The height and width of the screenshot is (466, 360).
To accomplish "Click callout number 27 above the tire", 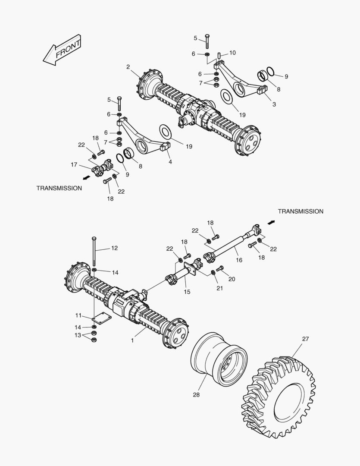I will coord(305,339).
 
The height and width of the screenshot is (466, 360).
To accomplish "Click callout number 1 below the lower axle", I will coord(133,340).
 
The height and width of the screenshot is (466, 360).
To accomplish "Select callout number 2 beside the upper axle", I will coord(128,66).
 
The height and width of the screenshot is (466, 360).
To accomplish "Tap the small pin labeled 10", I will coord(219,56).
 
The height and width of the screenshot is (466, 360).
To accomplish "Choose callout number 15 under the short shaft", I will coord(187,292).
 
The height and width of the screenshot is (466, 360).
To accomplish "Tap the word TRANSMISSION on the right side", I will coord(300,211).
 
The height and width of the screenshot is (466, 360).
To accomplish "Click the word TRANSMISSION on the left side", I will coord(59,188).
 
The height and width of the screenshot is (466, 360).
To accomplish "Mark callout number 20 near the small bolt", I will coord(232,279).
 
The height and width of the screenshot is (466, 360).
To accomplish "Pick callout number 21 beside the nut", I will coord(219,288).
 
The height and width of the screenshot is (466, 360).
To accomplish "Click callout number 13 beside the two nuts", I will coord(78,335).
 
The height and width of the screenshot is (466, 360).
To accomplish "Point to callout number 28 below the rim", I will coord(197,395).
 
